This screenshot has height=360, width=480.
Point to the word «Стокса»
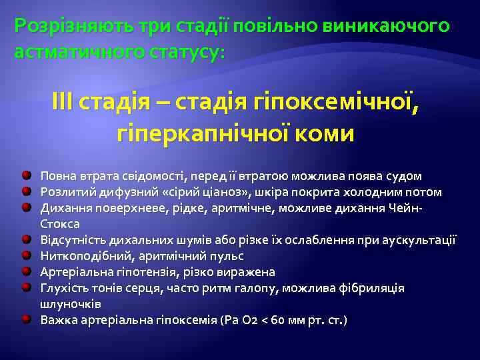[60, 224]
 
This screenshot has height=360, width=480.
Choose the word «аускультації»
[418, 240]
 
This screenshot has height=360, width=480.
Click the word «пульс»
[227, 256]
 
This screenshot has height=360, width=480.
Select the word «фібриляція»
[374, 288]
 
